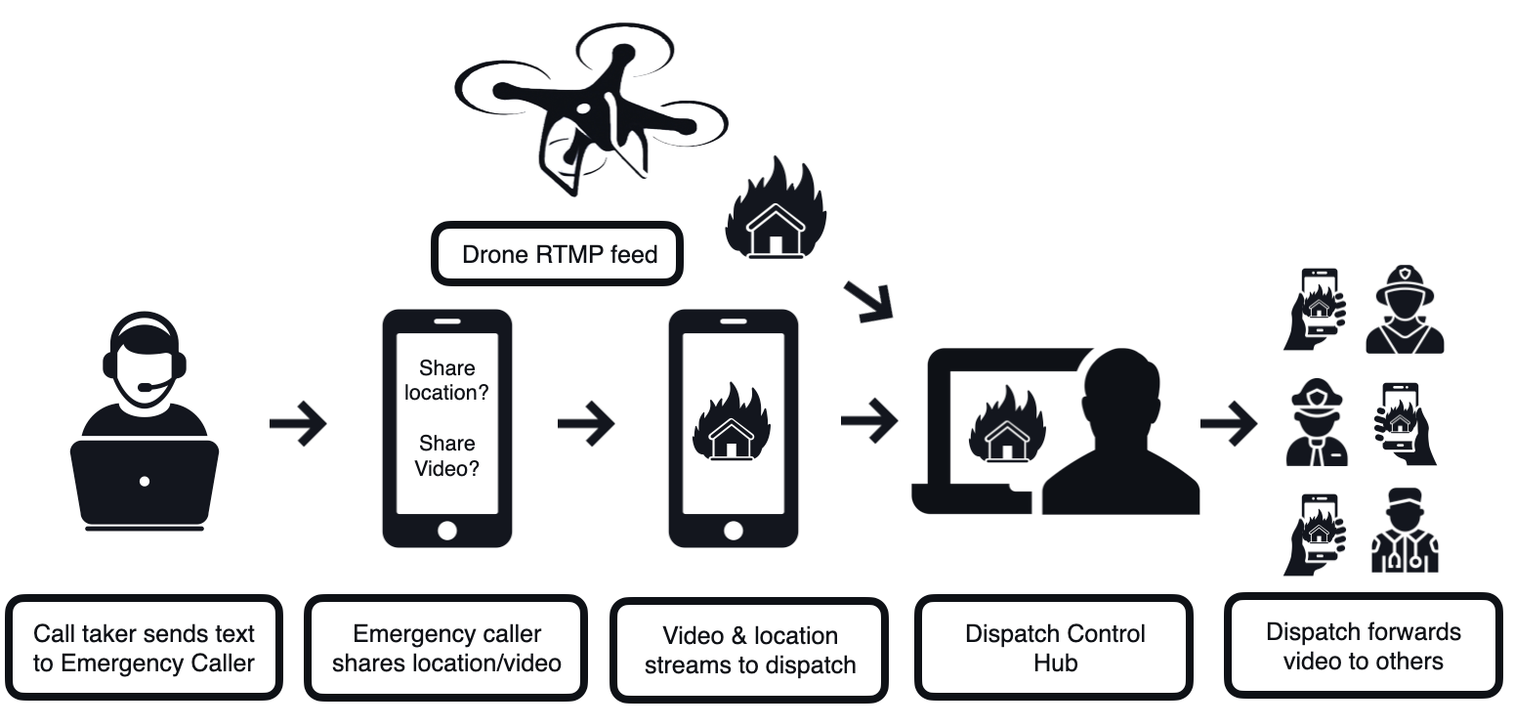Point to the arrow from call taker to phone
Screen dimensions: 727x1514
pyautogui.click(x=297, y=423)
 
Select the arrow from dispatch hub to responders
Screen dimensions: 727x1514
pyautogui.click(x=1230, y=423)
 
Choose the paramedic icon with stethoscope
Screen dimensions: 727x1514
pyautogui.click(x=1404, y=533)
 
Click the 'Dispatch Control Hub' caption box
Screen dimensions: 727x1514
pyautogui.click(x=1055, y=648)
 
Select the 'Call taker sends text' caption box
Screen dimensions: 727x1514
pyautogui.click(x=145, y=648)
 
